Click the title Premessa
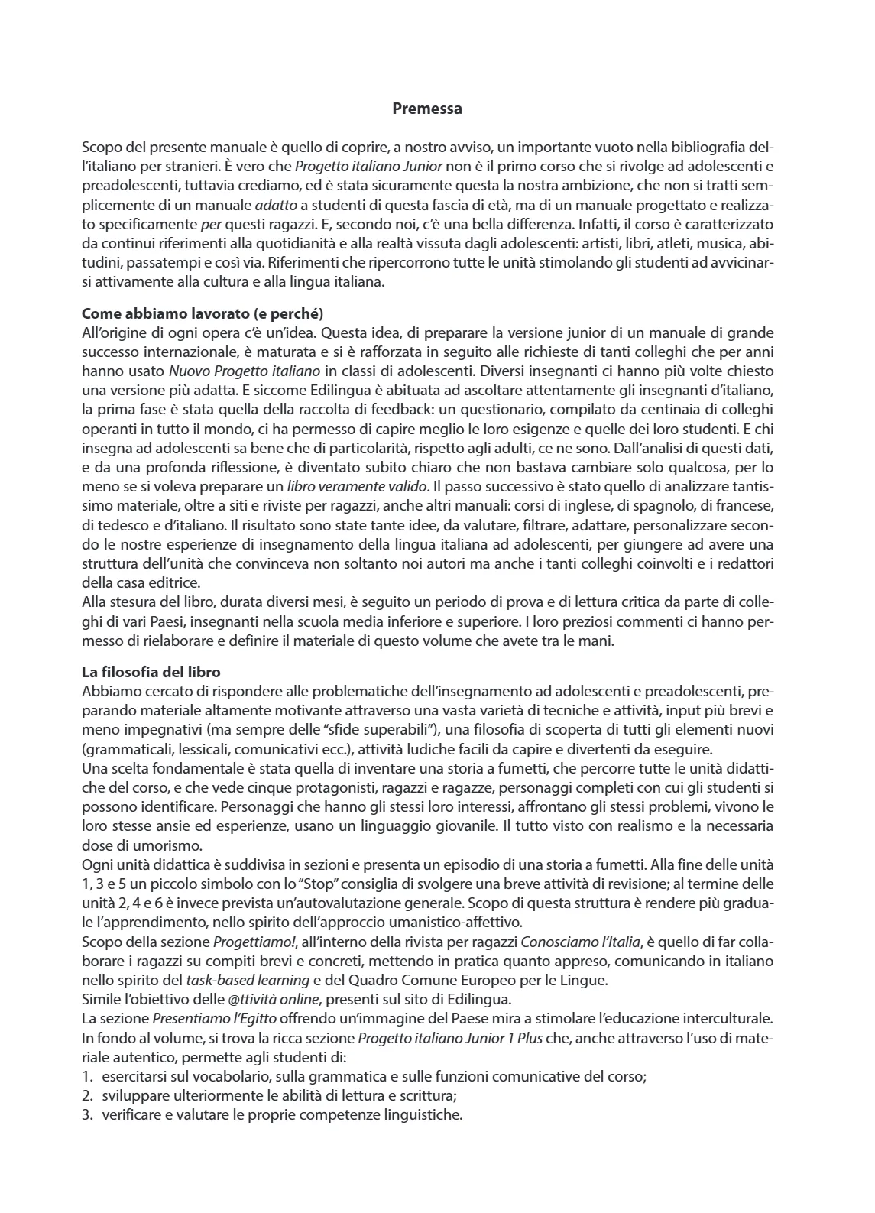[x=426, y=109]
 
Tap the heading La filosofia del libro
[x=151, y=672]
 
